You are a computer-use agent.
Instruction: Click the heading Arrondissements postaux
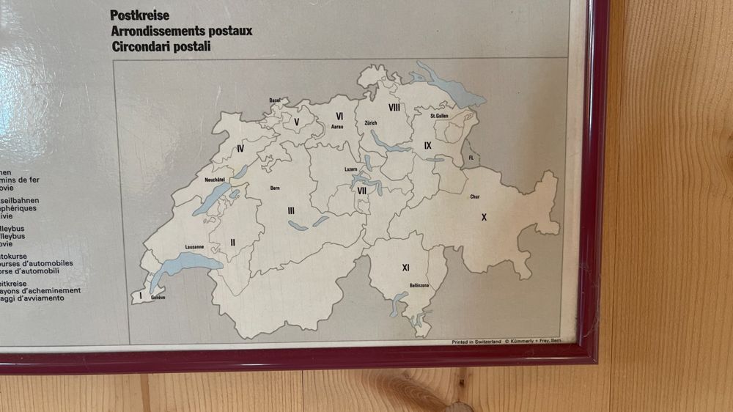click(181, 31)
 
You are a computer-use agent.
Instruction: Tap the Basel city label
click(275, 100)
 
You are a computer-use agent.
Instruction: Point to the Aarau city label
click(337, 127)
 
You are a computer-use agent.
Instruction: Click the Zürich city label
click(370, 123)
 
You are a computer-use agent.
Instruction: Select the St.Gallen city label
click(439, 116)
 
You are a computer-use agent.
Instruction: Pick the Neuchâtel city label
click(214, 178)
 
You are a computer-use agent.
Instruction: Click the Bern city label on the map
click(275, 188)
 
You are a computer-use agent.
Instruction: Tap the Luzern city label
click(350, 169)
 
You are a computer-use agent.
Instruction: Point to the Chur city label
click(475, 196)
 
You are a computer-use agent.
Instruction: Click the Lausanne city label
click(194, 246)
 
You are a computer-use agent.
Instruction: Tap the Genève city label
click(158, 298)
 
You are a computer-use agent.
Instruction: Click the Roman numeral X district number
click(484, 217)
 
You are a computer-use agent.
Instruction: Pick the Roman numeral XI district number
click(405, 267)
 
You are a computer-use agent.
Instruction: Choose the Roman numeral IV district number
click(240, 149)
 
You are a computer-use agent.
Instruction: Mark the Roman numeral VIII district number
click(394, 108)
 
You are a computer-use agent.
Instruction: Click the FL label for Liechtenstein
click(471, 158)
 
